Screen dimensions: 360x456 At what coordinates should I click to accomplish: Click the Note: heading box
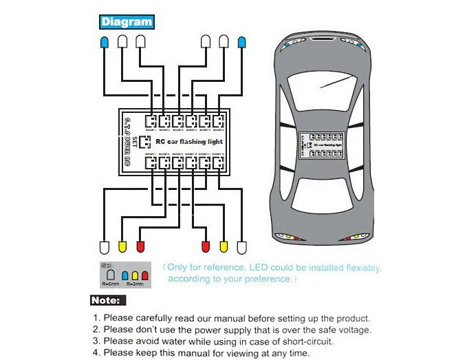click(109, 300)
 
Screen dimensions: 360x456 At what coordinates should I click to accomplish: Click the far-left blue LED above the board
click(104, 43)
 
